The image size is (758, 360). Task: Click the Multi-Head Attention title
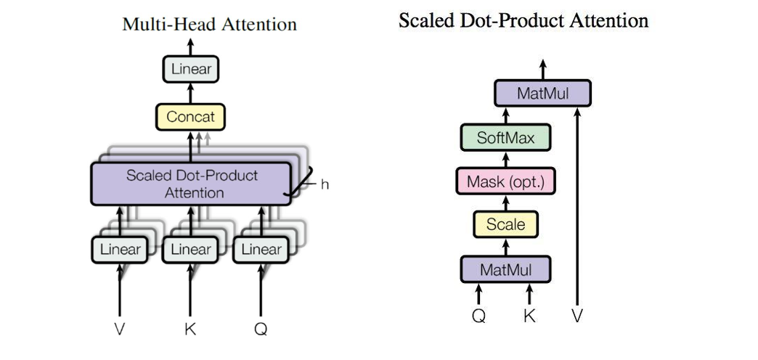click(x=209, y=24)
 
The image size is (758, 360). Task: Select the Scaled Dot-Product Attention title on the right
click(x=523, y=20)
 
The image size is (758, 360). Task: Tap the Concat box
click(x=191, y=116)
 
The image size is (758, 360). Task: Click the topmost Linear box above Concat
click(x=191, y=70)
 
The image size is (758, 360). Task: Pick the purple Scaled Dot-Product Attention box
click(x=192, y=184)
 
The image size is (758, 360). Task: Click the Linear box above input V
click(x=119, y=250)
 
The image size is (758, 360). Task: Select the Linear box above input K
click(x=190, y=250)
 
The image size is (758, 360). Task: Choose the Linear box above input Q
click(x=261, y=250)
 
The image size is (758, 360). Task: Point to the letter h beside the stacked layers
click(x=325, y=184)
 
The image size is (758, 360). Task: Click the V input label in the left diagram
click(x=120, y=329)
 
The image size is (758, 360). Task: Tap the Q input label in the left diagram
click(x=261, y=329)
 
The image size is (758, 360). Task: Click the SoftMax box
click(x=505, y=137)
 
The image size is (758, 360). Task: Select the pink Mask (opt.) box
click(x=505, y=181)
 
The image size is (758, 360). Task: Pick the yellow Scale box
click(x=505, y=224)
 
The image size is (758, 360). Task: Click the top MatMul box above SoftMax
click(x=542, y=94)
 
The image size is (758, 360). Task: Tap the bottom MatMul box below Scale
click(x=505, y=270)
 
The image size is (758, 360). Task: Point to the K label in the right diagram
click(x=529, y=316)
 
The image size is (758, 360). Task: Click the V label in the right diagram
click(x=578, y=316)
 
